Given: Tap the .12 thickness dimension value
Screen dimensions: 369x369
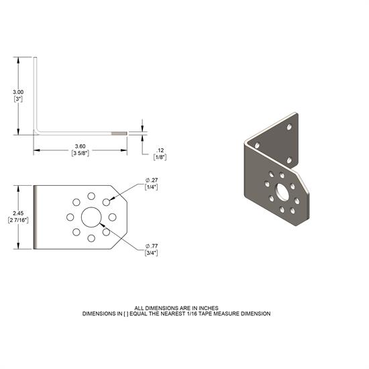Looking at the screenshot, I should (160, 149).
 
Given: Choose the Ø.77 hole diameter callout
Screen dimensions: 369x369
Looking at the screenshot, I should (151, 248).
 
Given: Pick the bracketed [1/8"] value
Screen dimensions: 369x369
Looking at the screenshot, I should (160, 156).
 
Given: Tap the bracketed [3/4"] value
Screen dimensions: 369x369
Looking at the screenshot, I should (150, 254).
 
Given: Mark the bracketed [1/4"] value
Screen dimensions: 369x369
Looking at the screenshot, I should (150, 187).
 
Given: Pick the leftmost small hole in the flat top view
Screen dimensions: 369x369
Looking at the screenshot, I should (69, 217).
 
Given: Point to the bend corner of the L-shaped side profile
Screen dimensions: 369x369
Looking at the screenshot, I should (38, 132).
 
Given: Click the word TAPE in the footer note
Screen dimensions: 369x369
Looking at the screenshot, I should (221, 313).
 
